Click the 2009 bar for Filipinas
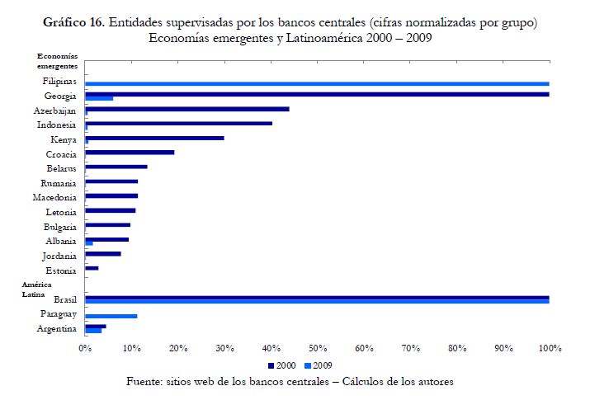[317, 83]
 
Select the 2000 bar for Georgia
[317, 94]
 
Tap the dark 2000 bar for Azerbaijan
[187, 109]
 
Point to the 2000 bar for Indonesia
[178, 124]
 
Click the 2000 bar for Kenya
[154, 138]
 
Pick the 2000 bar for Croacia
[130, 153]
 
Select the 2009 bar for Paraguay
[111, 316]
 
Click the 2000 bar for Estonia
[92, 268]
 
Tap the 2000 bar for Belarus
[116, 167]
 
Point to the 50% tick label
[318, 349]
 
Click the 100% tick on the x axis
[550, 349]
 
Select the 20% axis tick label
[178, 349]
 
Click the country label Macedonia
[55, 198]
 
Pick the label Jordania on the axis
[59, 256]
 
